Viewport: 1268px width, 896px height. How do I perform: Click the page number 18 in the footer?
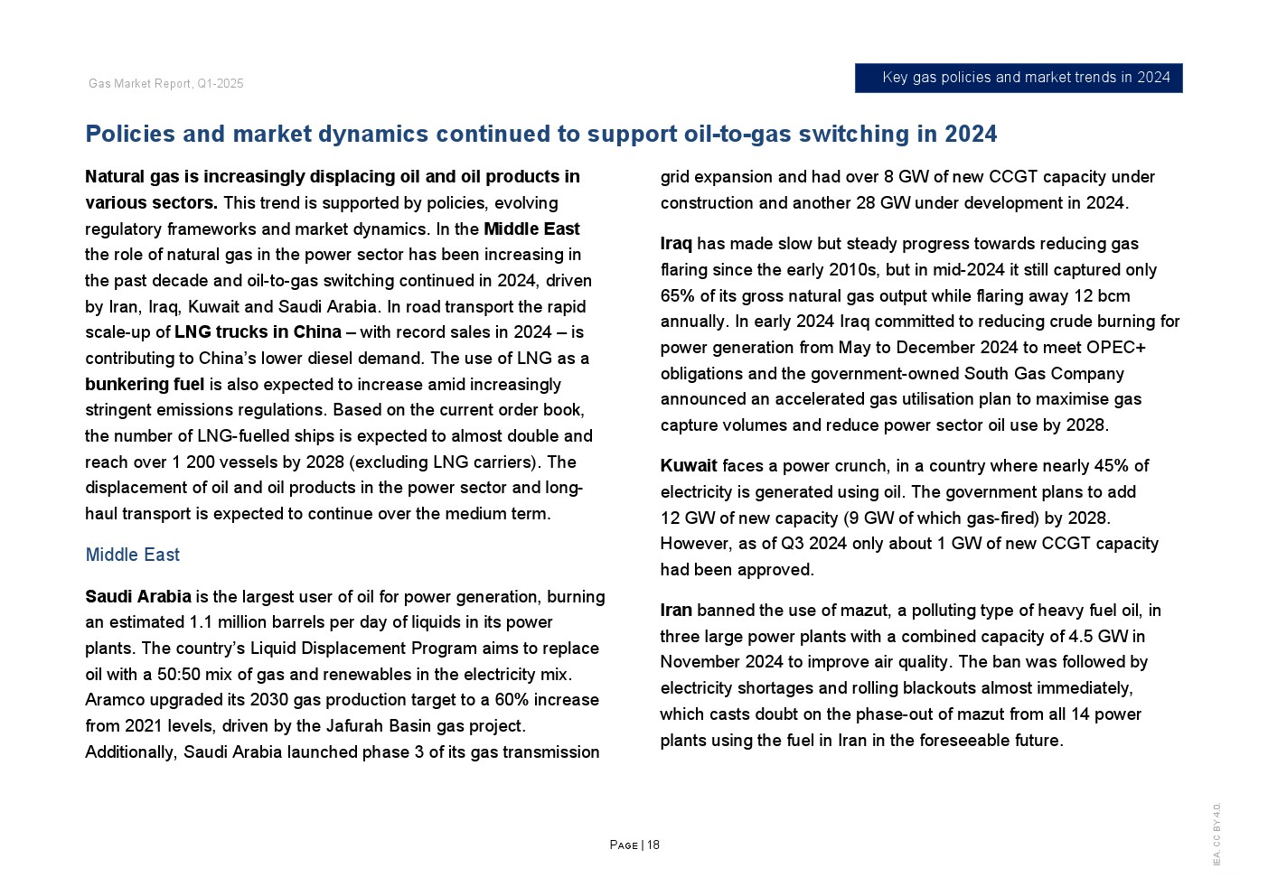653,845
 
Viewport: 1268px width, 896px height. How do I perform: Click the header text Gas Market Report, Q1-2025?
166,84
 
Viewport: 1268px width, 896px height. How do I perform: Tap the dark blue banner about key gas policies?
1019,78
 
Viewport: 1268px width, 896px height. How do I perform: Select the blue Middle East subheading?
133,555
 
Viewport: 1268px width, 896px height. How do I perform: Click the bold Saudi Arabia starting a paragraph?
138,596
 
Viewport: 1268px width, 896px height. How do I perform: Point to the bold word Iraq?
676,244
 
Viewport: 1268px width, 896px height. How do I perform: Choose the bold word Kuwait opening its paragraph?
689,466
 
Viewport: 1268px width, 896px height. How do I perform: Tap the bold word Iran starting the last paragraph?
676,611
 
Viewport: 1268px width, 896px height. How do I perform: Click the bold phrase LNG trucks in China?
258,332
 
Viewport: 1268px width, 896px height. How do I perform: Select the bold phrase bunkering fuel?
145,385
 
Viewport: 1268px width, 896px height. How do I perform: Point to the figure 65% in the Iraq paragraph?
678,296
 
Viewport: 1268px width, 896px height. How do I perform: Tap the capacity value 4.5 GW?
1098,637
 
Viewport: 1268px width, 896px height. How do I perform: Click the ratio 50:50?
177,675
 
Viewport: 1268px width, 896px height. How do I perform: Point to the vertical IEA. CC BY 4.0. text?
1216,834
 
